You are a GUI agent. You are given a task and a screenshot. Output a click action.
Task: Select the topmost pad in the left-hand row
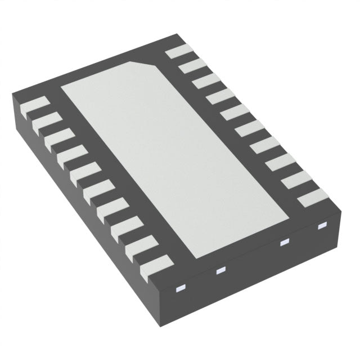(33, 106)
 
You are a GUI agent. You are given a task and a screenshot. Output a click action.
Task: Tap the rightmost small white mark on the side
(322, 226)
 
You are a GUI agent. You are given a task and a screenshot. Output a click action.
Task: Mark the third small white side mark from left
(284, 243)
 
